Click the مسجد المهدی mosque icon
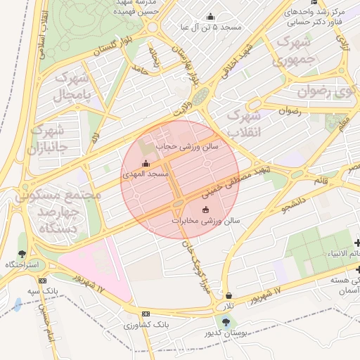tap(146, 165)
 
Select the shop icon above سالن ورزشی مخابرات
tap(205, 210)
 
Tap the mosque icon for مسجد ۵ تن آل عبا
tap(210, 17)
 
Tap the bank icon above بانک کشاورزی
tap(146, 314)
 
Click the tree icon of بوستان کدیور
tap(225, 321)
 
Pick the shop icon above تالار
tap(230, 295)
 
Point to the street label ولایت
tap(182, 111)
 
